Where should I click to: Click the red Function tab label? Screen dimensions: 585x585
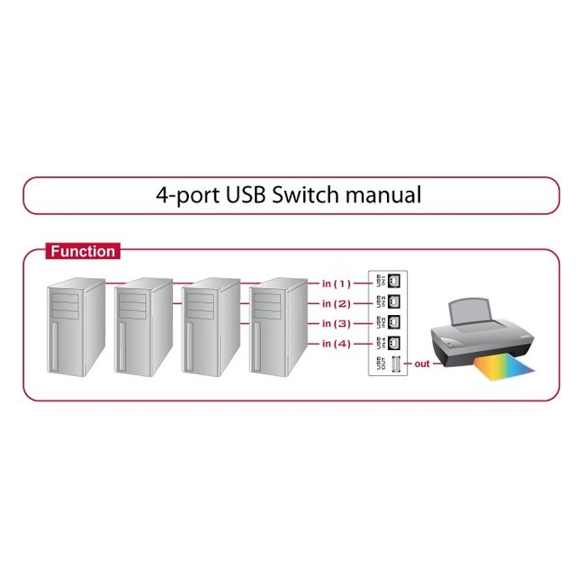pyautogui.click(x=82, y=252)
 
